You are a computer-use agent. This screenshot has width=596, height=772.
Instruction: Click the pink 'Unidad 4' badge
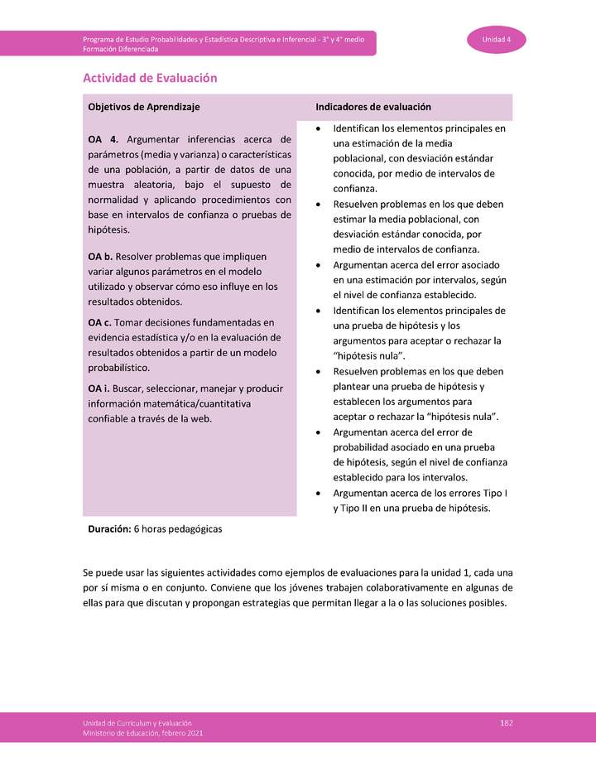[x=497, y=40]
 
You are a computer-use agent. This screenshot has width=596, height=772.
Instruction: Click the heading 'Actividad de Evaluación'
[x=150, y=78]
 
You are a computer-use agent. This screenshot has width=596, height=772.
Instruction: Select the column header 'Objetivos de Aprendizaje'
[x=144, y=107]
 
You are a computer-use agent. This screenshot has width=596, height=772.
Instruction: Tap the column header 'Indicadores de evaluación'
[x=373, y=107]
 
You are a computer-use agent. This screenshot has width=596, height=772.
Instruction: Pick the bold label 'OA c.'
[x=100, y=322]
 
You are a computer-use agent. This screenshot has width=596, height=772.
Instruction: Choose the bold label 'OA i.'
[x=99, y=388]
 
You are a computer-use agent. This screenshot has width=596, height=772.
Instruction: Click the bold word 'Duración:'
[x=109, y=528]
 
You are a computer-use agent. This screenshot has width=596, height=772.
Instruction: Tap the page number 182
[x=507, y=723]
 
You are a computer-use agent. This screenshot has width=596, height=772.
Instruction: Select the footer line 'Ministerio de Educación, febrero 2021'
[x=142, y=733]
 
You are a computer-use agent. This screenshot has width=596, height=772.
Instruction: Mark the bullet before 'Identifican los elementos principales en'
[x=320, y=129]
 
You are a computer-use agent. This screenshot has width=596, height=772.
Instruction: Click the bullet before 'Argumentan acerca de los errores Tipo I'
[x=320, y=493]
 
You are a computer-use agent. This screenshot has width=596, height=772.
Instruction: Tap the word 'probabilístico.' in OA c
[x=119, y=367]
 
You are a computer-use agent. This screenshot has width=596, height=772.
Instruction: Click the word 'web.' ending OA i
[x=201, y=418]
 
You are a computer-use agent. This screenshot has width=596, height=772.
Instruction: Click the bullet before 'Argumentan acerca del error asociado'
[x=320, y=265]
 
